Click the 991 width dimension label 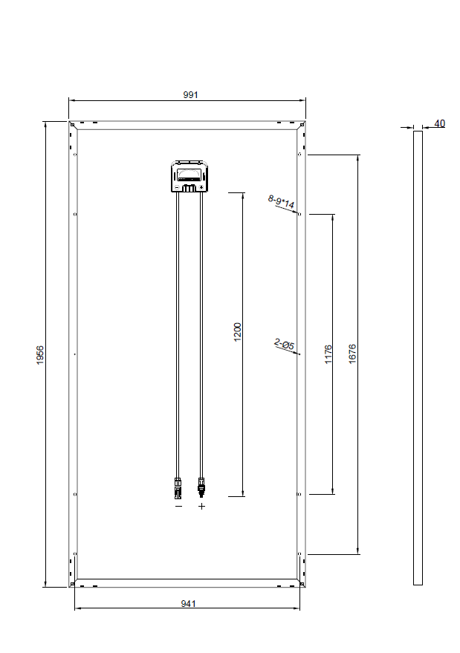coord(190,94)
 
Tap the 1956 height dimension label coord(40,355)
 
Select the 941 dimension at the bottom coord(188,603)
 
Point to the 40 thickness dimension coord(440,123)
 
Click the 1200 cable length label coord(238,332)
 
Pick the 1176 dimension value coord(328,354)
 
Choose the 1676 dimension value coord(352,354)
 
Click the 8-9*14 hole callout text coord(281,201)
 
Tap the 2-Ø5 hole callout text coord(285,343)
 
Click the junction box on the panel coord(190,177)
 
